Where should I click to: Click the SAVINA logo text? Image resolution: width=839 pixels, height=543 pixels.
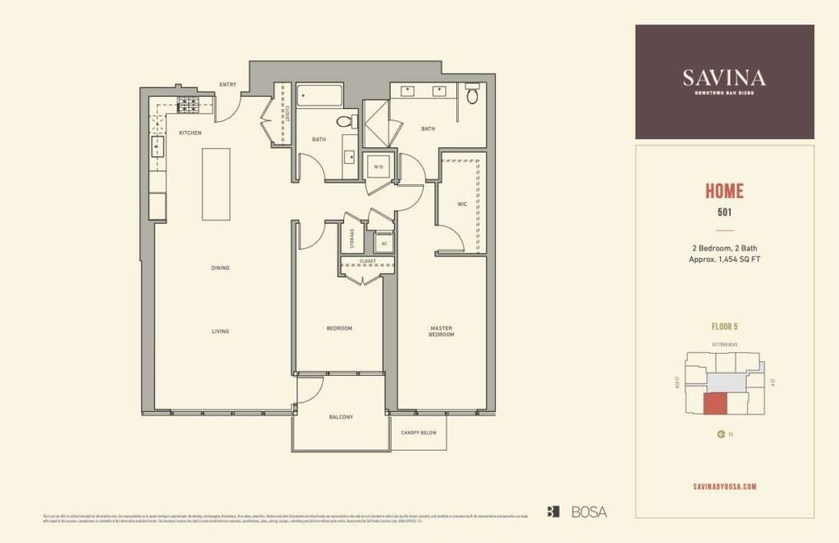point(724,78)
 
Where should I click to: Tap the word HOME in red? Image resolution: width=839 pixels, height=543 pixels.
point(724,192)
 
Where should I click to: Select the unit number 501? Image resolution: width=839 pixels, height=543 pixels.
point(724,213)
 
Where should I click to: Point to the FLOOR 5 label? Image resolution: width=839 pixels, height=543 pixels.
point(724,326)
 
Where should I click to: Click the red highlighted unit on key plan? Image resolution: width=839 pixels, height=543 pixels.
point(715,403)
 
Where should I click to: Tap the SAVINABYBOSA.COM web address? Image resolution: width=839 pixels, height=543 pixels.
point(724,486)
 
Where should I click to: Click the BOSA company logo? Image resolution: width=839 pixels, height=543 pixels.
point(578,512)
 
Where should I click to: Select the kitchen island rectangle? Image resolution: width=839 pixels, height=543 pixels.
point(216,183)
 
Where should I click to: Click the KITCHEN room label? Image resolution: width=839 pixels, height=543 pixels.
point(190,133)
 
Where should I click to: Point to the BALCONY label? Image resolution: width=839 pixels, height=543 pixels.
point(341,417)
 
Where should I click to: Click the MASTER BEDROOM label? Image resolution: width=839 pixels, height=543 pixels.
point(442,331)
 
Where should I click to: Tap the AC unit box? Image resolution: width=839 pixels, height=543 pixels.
point(383,244)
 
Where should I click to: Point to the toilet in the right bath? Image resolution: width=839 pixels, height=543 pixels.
point(472,95)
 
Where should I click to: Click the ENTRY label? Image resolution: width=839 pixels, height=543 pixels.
point(228,84)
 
